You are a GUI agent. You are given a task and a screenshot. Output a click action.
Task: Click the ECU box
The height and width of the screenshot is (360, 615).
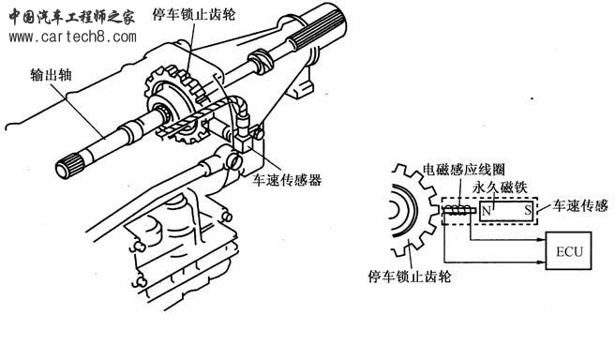pyautogui.click(x=569, y=252)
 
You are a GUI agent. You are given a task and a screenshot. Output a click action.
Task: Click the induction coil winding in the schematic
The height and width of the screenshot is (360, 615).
pyautogui.click(x=459, y=214)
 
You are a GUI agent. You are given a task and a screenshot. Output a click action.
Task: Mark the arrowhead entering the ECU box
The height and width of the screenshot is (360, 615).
pyautogui.click(x=542, y=252)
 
